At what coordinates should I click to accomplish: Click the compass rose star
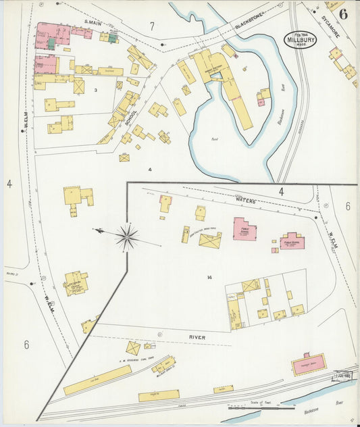coord(126,236)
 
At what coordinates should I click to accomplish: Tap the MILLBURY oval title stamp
coord(300,39)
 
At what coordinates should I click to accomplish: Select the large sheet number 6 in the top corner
coord(344,14)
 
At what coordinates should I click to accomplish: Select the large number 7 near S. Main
coord(152,27)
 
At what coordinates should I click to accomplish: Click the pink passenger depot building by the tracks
coord(309,364)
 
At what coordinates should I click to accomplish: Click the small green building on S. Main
coord(51,44)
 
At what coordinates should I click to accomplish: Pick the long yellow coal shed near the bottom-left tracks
coord(97,380)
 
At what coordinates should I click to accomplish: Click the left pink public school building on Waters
coord(244,229)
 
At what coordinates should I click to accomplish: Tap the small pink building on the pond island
coord(261,101)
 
